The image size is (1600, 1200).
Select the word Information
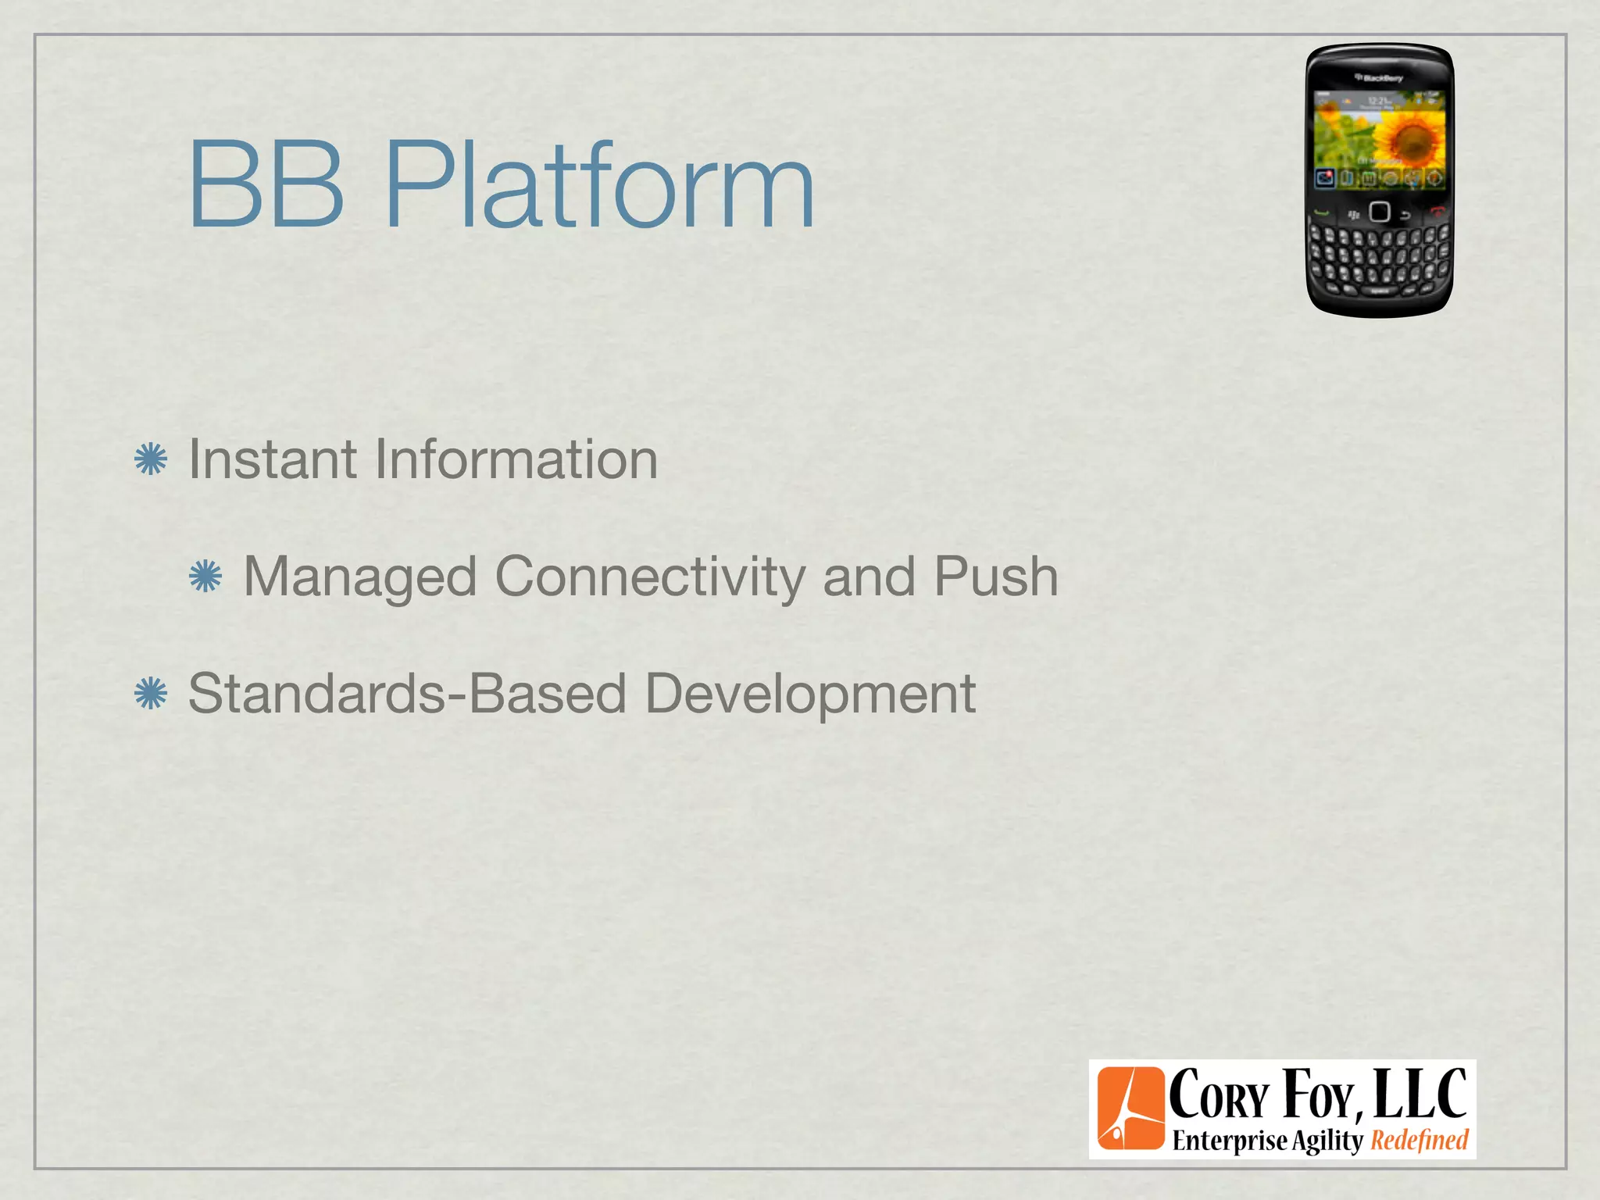pyautogui.click(x=516, y=459)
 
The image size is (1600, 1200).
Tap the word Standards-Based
pyautogui.click(x=407, y=694)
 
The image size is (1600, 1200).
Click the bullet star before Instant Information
pyautogui.click(x=151, y=459)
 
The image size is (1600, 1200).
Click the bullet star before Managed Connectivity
pyautogui.click(x=205, y=577)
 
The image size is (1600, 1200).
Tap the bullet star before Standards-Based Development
pyautogui.click(x=151, y=694)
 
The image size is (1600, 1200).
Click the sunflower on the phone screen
pyautogui.click(x=1409, y=141)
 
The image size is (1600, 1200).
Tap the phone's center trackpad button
pyautogui.click(x=1380, y=212)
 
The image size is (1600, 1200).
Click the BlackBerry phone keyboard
pyautogui.click(x=1380, y=258)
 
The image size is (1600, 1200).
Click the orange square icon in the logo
pyautogui.click(x=1130, y=1109)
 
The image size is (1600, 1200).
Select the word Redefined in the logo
pyautogui.click(x=1420, y=1141)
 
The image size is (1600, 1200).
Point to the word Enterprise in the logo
pyautogui.click(x=1229, y=1141)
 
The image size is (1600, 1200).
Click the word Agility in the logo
pyautogui.click(x=1327, y=1141)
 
